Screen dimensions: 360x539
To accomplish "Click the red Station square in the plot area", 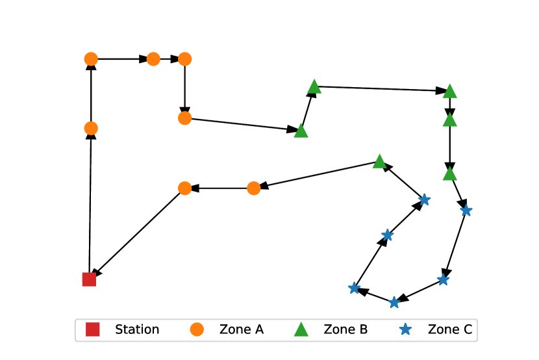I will (89, 279).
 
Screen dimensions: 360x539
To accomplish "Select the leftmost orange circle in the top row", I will (91, 59).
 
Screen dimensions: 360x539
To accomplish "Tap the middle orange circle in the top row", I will (153, 59).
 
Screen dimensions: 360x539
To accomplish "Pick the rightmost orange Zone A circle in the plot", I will (254, 188).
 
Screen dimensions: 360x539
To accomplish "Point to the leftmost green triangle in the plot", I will (301, 131).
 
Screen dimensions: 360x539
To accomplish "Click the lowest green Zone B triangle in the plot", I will (449, 174).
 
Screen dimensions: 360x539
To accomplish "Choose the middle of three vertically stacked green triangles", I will (449, 120).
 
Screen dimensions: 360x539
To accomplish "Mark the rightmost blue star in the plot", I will (466, 211).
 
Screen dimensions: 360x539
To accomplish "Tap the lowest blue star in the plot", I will (394, 302).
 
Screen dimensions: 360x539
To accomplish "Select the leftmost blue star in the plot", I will (354, 288).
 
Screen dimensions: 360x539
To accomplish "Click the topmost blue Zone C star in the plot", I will (425, 199).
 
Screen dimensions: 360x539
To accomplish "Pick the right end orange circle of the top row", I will (185, 59).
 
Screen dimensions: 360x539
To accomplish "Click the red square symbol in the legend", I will (93, 329).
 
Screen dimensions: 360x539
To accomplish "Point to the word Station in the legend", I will (137, 329).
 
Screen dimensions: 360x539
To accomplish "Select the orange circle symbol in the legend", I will (197, 329).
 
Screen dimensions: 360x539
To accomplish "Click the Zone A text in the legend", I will (242, 329).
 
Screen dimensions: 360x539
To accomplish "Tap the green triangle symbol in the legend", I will (301, 329).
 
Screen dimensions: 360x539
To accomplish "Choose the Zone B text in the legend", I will (345, 329).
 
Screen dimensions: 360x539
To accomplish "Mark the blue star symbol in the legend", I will (406, 329).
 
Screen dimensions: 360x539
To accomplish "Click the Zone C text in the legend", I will (450, 329).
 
